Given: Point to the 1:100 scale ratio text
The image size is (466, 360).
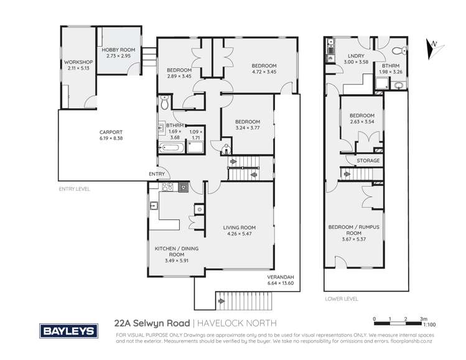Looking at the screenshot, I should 429,324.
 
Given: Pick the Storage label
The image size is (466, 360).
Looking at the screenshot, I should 368,161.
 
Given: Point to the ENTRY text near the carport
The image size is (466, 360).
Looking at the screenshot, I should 156,174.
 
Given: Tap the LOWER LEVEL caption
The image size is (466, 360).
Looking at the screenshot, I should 341,299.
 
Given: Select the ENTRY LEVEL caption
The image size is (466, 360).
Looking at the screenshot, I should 74,188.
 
